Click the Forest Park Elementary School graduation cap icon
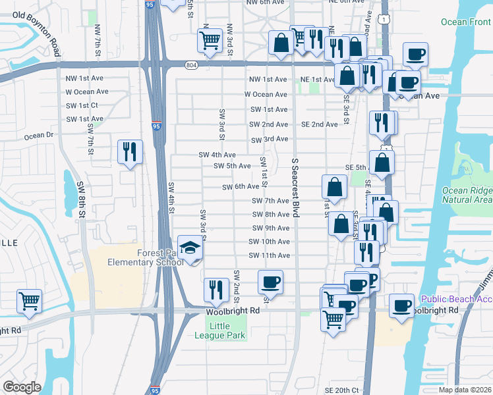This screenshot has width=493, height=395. pyautogui.click(x=190, y=248)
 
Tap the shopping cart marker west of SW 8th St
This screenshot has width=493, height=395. pyautogui.click(x=29, y=302)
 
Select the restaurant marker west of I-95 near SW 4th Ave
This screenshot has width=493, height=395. pyautogui.click(x=129, y=152)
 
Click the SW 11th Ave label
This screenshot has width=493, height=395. pyautogui.click(x=269, y=255)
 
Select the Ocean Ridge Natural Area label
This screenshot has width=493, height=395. pyautogui.click(x=467, y=195)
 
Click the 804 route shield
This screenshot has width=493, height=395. pyautogui.click(x=191, y=65)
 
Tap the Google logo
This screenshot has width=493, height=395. pyautogui.click(x=22, y=387)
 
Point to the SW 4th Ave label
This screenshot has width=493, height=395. pyautogui.click(x=217, y=155)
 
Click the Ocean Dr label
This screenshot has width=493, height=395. pyautogui.click(x=38, y=136)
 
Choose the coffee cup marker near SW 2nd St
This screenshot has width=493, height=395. pyautogui.click(x=270, y=282)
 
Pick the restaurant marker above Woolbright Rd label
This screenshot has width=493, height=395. pyautogui.click(x=215, y=288)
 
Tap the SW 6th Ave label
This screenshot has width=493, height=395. pyautogui.click(x=241, y=187)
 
